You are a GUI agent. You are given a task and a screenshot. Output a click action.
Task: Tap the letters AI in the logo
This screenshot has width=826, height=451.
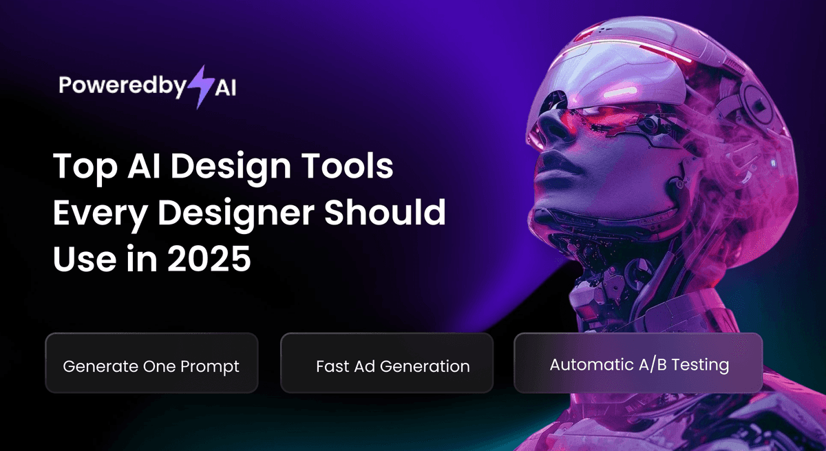221,88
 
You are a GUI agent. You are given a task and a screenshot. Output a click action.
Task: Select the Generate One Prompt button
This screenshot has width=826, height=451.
151,366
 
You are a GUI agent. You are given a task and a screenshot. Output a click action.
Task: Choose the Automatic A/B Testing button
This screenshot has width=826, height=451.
638,364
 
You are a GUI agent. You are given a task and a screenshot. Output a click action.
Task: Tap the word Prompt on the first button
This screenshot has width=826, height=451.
209,366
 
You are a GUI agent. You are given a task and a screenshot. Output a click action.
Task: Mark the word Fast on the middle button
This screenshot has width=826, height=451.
330,366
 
